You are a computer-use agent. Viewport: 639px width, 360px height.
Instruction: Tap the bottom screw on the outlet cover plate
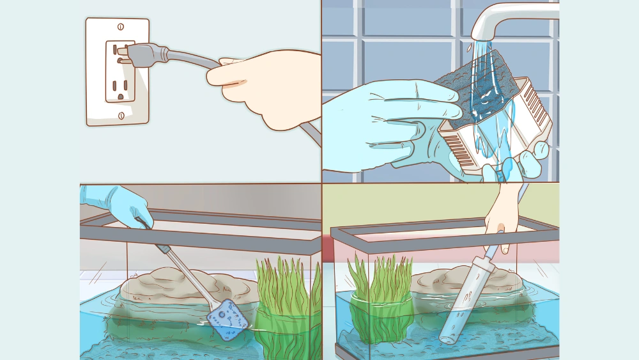[120, 115]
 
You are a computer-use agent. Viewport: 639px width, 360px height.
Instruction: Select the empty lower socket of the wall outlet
[119, 86]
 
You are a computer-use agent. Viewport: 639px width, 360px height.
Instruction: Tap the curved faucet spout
[505, 19]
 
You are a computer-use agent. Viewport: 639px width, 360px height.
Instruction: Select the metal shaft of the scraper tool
[182, 269]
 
